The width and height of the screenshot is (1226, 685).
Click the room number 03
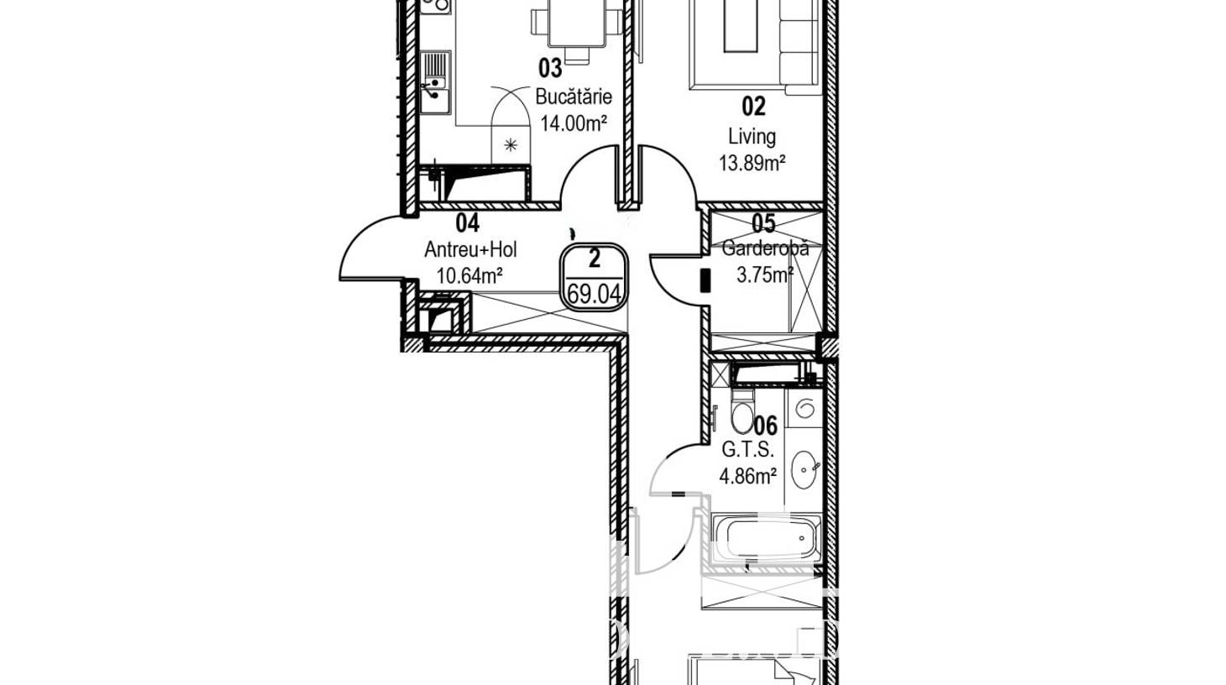pyautogui.click(x=550, y=68)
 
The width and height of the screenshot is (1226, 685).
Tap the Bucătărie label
pyautogui.click(x=574, y=97)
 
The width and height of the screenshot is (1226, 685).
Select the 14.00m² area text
pyautogui.click(x=574, y=123)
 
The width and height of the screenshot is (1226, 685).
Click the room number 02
pyautogui.click(x=753, y=106)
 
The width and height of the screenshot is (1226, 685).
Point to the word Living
pyautogui.click(x=752, y=136)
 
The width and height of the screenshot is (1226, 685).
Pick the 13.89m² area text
pyautogui.click(x=752, y=163)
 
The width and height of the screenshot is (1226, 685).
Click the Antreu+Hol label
pyautogui.click(x=471, y=249)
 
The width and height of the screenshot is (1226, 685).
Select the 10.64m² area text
pyautogui.click(x=469, y=275)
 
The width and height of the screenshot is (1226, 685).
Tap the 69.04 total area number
pyautogui.click(x=594, y=295)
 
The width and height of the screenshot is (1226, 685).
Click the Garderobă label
pyautogui.click(x=765, y=248)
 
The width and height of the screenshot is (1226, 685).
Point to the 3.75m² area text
pyautogui.click(x=765, y=275)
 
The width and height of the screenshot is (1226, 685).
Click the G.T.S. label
pyautogui.click(x=747, y=450)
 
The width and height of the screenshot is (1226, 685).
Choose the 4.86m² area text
pyautogui.click(x=747, y=477)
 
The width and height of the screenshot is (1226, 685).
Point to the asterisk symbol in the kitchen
pyautogui.click(x=510, y=145)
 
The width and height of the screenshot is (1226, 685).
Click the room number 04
pyautogui.click(x=468, y=222)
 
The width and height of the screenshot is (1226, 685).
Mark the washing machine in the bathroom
pyautogui.click(x=804, y=408)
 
